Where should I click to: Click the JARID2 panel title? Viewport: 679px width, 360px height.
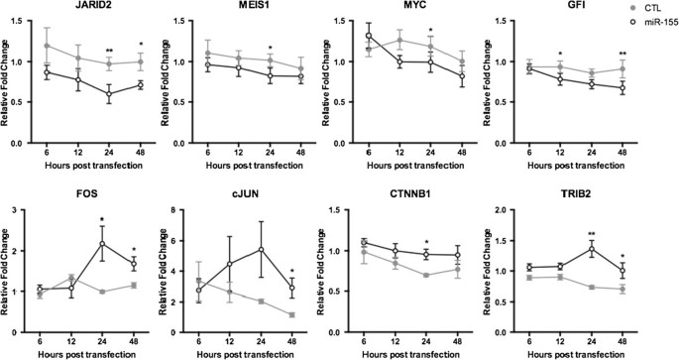click(x=76, y=7)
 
